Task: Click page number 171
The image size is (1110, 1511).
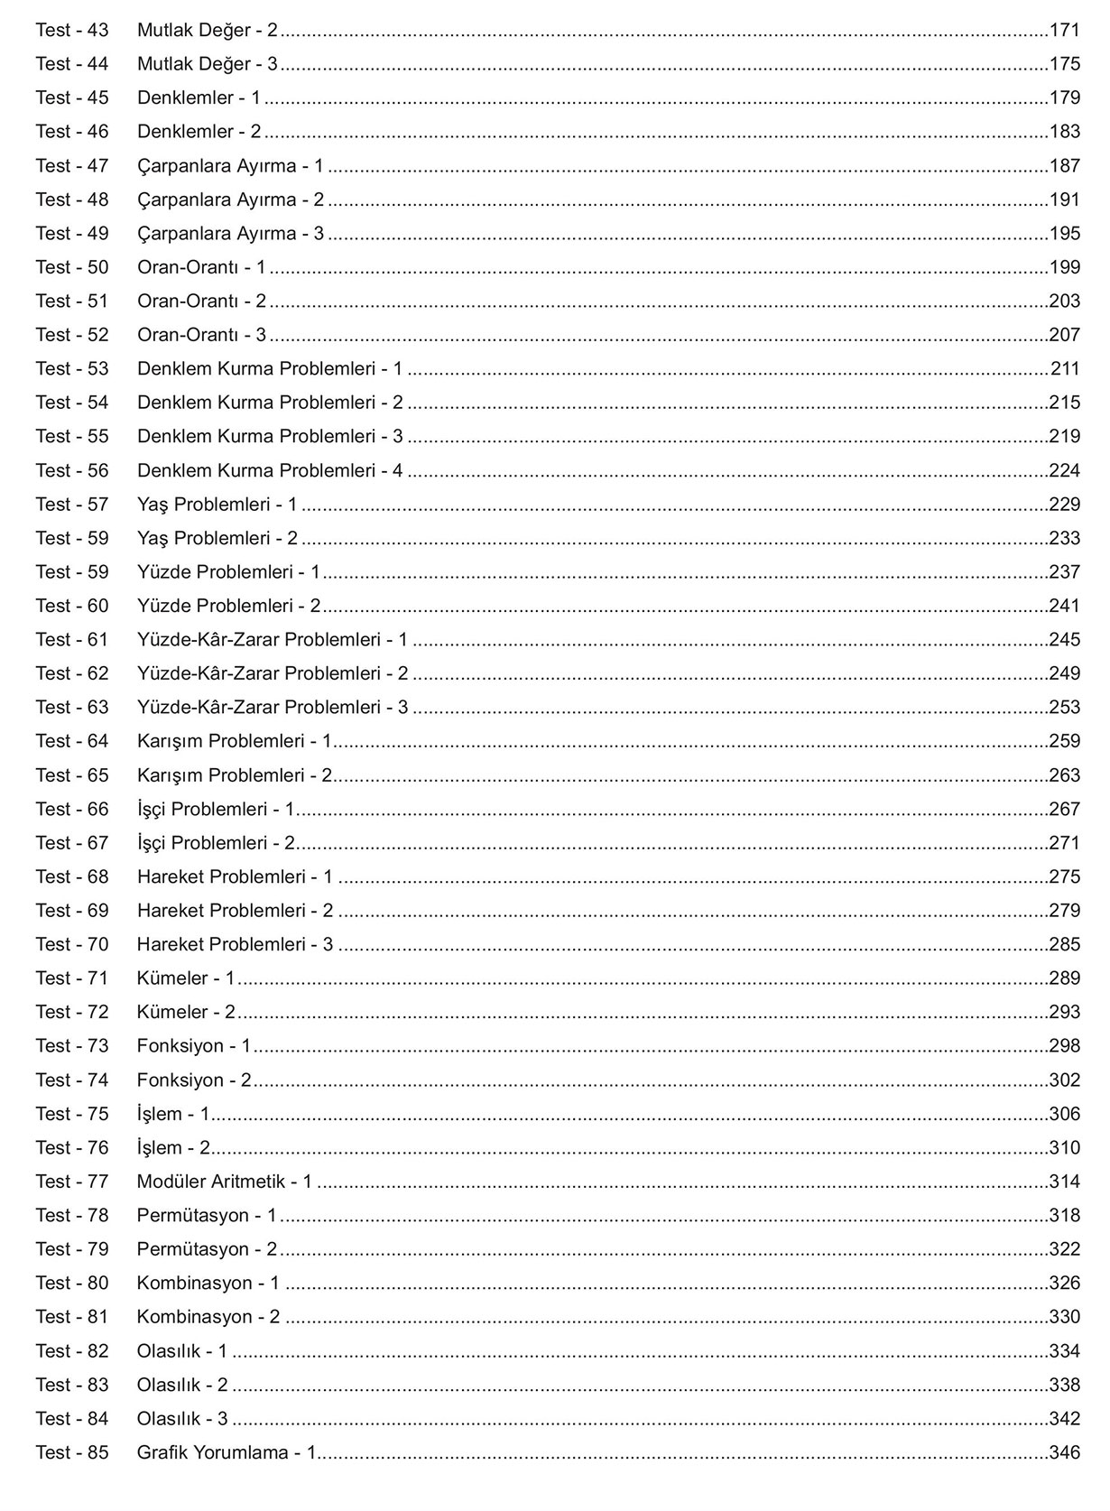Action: [x=1064, y=30]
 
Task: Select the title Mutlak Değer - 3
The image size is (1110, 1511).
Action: [x=208, y=64]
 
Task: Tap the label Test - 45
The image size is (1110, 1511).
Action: [x=72, y=97]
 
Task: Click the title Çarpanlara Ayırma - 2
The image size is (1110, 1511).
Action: [x=230, y=199]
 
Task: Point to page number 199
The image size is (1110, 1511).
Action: [x=1064, y=267]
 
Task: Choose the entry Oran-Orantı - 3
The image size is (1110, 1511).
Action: [x=201, y=335]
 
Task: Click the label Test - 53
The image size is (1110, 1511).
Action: [x=72, y=368]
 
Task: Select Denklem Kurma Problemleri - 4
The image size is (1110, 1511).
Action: [x=270, y=470]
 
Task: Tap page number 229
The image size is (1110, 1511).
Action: [x=1064, y=504]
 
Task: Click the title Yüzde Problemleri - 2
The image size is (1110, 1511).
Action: [x=228, y=606]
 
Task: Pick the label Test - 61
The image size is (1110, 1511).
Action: [x=72, y=639]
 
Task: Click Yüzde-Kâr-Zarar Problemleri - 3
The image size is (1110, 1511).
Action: [x=273, y=707]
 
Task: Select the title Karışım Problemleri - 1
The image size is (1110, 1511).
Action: [x=235, y=741]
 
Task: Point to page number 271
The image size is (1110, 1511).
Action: [x=1064, y=843]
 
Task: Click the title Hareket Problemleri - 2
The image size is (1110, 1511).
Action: [x=235, y=911]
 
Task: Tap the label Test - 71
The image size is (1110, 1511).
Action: [x=72, y=978]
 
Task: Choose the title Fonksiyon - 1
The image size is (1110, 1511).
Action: [x=194, y=1046]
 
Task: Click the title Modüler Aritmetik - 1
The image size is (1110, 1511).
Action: [x=224, y=1182]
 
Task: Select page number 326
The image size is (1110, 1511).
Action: [x=1064, y=1283]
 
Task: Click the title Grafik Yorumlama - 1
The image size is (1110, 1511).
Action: [x=226, y=1452]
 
